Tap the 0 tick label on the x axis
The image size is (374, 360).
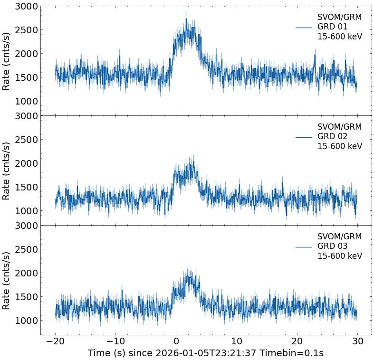coord(176,342)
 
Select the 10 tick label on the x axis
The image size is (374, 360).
coord(237,342)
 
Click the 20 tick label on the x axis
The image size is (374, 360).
coord(297,342)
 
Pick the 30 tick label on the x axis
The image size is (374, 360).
coord(357,342)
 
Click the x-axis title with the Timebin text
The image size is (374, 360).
coord(206,353)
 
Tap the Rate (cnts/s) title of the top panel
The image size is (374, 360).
coord(6,61)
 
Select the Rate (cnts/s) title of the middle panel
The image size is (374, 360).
coord(6,171)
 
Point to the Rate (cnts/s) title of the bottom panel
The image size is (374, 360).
coord(6,280)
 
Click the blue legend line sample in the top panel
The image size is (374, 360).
coord(303,27)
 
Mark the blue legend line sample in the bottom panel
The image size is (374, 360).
coord(303,246)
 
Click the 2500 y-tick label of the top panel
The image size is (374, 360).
coord(26,30)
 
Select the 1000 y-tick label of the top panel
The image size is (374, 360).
coord(26,101)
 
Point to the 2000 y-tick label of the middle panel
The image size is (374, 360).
coord(26,163)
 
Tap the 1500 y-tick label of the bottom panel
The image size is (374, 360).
coord(26,297)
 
